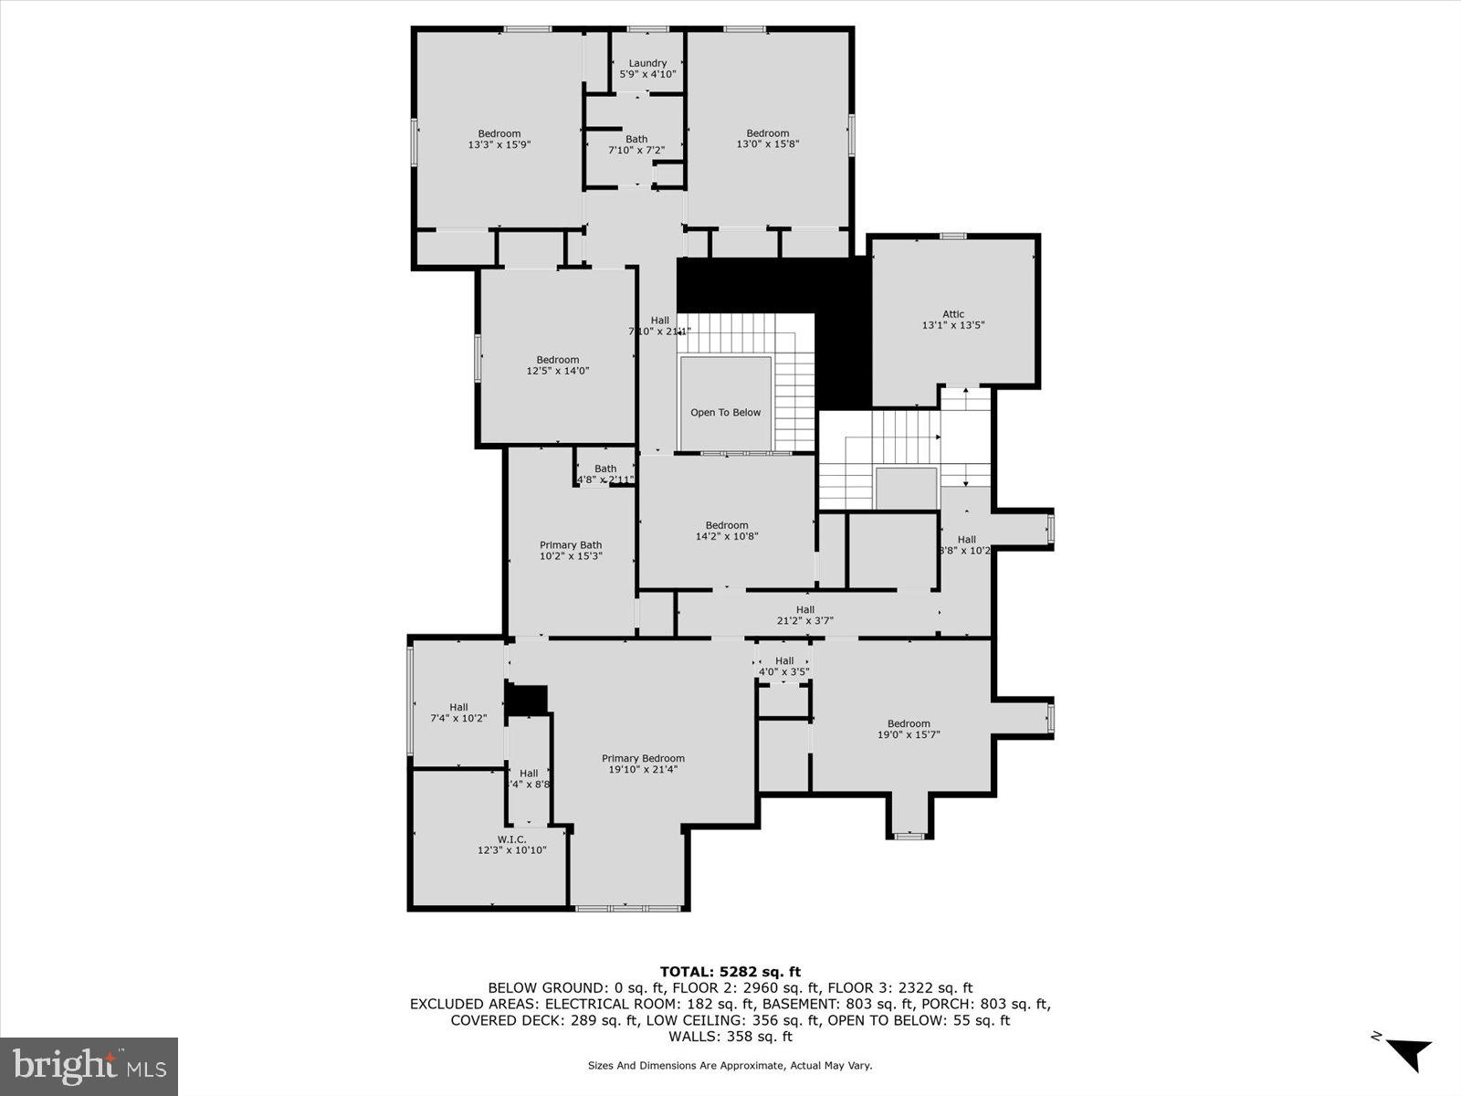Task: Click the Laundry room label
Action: click(647, 63)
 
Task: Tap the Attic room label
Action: click(953, 314)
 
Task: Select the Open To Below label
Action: click(725, 413)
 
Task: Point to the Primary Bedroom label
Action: click(643, 758)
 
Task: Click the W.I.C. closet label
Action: click(511, 839)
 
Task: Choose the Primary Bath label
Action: click(571, 545)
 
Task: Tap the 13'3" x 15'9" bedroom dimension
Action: click(499, 144)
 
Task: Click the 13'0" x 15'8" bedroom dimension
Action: click(768, 144)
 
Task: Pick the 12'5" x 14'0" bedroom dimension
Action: click(558, 371)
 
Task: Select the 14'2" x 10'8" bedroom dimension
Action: click(727, 536)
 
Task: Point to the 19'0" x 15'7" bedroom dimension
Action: click(909, 734)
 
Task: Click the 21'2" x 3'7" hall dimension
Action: click(804, 621)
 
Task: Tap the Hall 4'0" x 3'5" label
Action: click(784, 666)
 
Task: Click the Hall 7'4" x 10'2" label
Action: click(458, 712)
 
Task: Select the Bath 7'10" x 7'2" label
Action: click(636, 144)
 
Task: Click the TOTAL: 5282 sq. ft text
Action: click(730, 972)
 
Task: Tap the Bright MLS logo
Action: click(89, 1065)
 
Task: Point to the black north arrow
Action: click(1408, 1053)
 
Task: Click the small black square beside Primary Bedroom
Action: click(526, 700)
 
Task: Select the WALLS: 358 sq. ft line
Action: click(730, 1037)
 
